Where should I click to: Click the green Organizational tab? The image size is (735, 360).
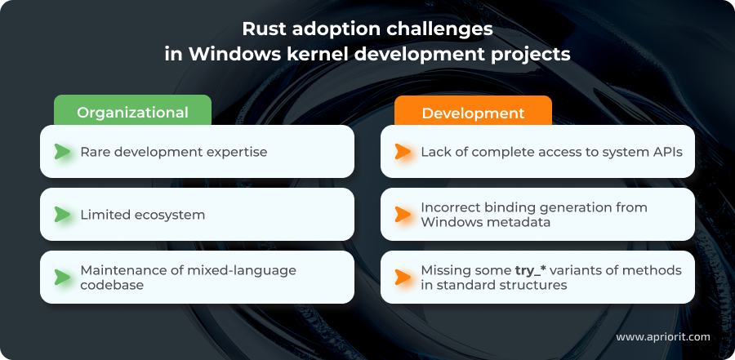click(132, 113)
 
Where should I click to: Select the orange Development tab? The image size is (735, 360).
click(473, 113)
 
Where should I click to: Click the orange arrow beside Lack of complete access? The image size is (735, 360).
click(403, 152)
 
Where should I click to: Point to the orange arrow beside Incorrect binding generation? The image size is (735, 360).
click(403, 215)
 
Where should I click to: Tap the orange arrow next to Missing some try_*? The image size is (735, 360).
click(403, 278)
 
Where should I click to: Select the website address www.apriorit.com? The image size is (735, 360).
click(662, 336)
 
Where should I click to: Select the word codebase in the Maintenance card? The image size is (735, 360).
click(113, 286)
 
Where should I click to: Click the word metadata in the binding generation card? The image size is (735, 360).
click(526, 223)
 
